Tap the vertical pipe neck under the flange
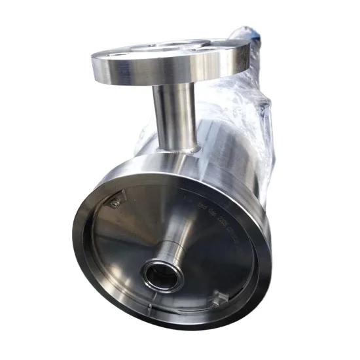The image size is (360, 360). pyautogui.click(x=171, y=115)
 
